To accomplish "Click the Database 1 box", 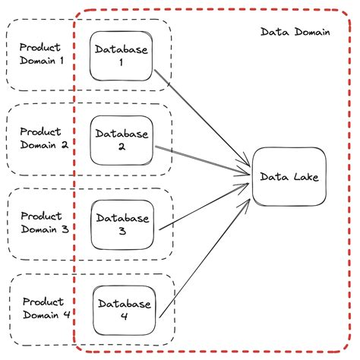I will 122,55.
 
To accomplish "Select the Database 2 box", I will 122,140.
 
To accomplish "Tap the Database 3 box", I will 122,225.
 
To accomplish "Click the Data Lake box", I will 289,177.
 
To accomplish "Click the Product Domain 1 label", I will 43,54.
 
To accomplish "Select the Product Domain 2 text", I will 43,138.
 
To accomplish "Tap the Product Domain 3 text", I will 43,223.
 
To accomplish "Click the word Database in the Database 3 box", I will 122,218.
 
